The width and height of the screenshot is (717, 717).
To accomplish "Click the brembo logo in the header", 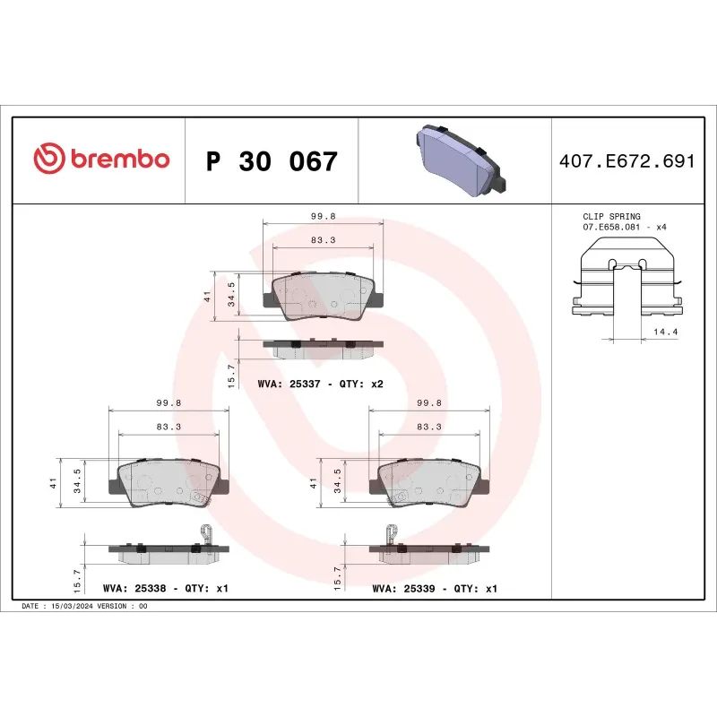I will pos(101,160).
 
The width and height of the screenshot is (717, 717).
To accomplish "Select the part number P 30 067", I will pos(272,161).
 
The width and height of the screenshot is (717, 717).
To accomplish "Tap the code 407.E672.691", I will pos(626,161).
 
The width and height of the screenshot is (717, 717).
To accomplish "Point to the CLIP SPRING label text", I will pos(612,217).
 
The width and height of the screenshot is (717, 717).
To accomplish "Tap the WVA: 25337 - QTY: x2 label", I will pos(320,384).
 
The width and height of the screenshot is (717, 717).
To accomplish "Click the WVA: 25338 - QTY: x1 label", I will pos(167,589).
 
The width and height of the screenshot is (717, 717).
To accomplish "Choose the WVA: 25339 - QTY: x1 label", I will pos(434,589).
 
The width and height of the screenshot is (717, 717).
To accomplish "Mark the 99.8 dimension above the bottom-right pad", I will pos(429,404).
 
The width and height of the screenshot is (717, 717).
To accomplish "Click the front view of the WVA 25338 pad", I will pos(168,484).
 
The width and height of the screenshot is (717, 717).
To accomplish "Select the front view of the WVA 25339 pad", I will pos(429,484).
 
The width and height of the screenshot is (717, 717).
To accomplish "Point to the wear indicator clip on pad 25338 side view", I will pos(205,536).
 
